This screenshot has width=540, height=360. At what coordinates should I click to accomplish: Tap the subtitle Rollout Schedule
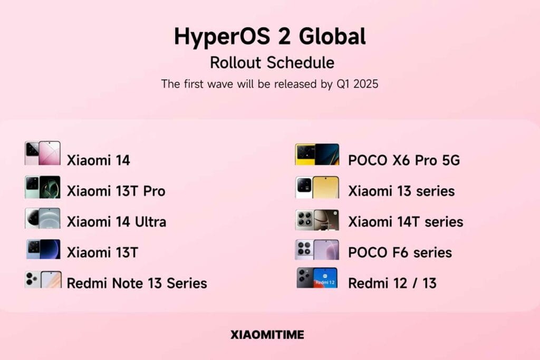[272, 63]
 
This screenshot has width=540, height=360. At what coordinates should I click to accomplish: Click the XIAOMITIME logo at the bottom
[267, 335]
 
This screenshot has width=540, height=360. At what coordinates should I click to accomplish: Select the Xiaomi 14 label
[99, 160]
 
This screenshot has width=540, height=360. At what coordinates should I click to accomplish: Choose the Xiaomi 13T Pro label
[116, 191]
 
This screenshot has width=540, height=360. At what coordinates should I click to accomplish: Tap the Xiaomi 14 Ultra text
[117, 222]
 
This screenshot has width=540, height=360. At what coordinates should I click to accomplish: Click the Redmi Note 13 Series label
[137, 283]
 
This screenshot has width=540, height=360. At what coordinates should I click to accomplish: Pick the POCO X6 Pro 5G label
[404, 160]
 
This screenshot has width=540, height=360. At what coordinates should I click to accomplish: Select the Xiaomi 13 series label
[401, 191]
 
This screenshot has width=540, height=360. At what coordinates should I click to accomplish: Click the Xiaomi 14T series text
[406, 222]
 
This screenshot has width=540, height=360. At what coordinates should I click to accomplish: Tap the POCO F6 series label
[400, 252]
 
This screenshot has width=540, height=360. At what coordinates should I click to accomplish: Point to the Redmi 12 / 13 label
[392, 283]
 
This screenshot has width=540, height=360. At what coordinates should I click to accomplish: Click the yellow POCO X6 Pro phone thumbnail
[317, 154]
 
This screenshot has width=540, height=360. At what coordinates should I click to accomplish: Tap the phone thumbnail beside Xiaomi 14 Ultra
[43, 218]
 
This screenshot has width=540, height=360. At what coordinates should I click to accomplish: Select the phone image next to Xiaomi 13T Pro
[43, 187]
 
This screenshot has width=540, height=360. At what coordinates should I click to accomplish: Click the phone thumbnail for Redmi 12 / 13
[317, 277]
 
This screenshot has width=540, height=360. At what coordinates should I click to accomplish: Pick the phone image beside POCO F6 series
[317, 249]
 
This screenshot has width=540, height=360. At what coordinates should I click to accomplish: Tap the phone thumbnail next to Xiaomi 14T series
[317, 220]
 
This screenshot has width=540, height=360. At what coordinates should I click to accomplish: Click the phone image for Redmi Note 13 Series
[43, 279]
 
